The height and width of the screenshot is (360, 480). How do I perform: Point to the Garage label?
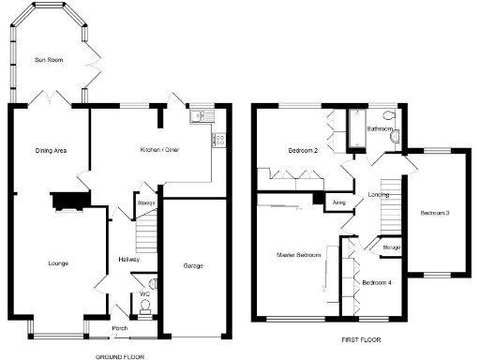(194, 267)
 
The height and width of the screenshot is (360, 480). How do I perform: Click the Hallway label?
(129, 259)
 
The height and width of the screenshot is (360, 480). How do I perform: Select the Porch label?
(120, 328)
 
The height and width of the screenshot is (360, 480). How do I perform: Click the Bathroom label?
(380, 128)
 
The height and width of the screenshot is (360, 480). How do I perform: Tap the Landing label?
(380, 195)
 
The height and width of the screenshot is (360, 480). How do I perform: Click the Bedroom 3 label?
(435, 214)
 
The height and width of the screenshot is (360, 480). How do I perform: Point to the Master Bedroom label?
(298, 254)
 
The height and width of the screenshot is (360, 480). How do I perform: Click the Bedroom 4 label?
(376, 282)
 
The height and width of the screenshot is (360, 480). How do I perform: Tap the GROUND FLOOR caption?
(120, 355)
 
